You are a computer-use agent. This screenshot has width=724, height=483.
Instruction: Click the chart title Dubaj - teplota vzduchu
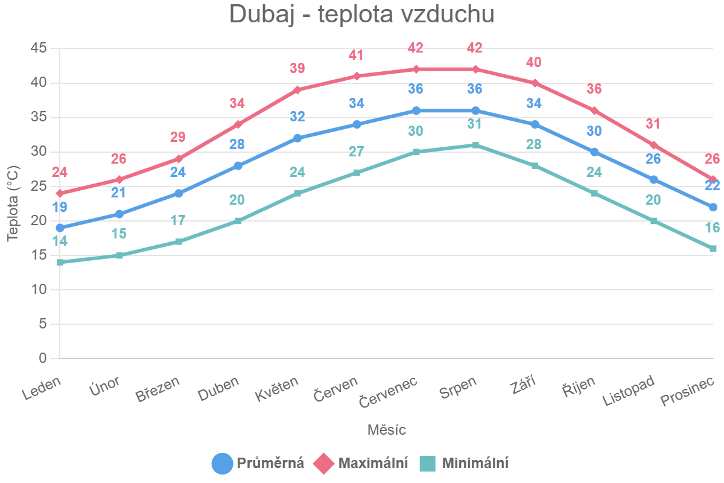point(361,15)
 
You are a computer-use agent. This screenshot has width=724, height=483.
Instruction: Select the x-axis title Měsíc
point(386,430)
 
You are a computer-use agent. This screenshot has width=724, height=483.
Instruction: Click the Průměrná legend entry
point(258,463)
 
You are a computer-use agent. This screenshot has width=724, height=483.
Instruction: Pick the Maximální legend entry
point(361,463)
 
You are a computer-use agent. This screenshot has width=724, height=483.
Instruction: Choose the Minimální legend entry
point(464,463)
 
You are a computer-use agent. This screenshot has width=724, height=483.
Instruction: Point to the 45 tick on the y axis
point(38,48)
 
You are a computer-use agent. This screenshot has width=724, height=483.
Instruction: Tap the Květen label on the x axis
point(277,389)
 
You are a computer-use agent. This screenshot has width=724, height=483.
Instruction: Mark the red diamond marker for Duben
point(238,124)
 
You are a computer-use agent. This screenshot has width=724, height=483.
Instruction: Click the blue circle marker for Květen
point(297,138)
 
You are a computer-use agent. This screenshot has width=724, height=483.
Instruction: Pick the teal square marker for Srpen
point(475,145)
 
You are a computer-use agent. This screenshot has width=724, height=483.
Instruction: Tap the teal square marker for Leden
point(60,263)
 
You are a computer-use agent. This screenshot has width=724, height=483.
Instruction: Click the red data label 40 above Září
point(535,62)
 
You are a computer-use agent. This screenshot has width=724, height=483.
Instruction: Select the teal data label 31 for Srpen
point(475,124)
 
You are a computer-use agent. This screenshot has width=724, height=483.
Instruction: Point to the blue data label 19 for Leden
point(60,207)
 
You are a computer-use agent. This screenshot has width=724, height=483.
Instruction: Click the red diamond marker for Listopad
point(653,145)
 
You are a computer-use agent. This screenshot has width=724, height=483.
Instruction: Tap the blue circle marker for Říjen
point(594,152)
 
